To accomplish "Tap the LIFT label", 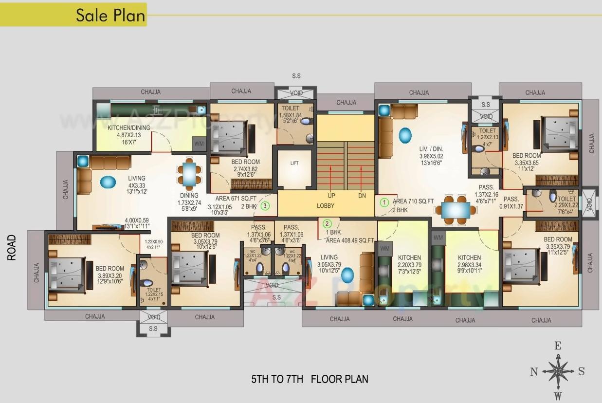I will (x=294, y=164).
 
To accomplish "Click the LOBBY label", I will (x=326, y=206).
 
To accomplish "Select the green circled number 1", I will (x=384, y=202).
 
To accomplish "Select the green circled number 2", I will (x=327, y=224).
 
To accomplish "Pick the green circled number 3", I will (x=265, y=206).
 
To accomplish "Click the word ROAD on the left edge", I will (x=12, y=247).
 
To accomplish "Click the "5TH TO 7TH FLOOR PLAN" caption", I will (x=310, y=379).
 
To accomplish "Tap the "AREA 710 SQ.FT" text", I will (x=413, y=201).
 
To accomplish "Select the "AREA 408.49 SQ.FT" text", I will (x=350, y=240).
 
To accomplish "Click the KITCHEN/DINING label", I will (x=129, y=128).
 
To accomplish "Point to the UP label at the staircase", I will (x=331, y=196).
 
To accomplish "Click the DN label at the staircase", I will (x=362, y=196).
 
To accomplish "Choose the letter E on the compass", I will (x=558, y=346).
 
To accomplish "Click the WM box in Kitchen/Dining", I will (x=199, y=144).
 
